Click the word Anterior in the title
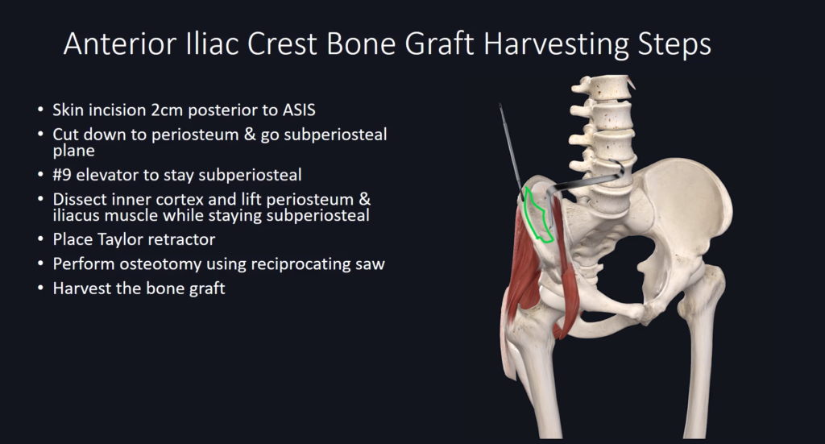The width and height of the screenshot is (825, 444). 120,44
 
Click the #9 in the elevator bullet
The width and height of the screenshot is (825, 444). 62,175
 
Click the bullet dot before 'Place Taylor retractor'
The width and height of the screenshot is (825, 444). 40,239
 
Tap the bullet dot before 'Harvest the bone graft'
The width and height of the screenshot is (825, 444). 40,288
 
